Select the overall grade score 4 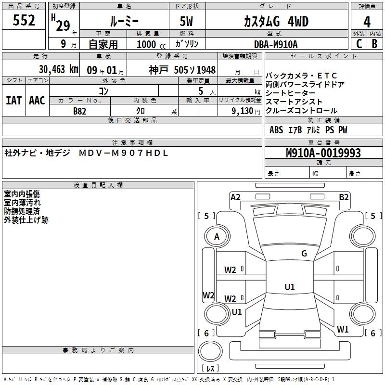367,22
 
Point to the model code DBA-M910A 276,44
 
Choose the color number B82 80,111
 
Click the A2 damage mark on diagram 235,197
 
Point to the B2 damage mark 344,197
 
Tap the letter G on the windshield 304,254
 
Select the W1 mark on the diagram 343,330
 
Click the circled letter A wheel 217,237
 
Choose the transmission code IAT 13,100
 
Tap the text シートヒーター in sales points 292,93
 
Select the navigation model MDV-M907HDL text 123,154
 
